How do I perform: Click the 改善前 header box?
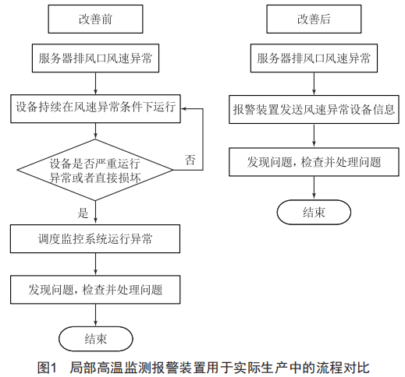click(95, 19)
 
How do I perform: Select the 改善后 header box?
click(314, 19)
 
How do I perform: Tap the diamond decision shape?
click(95, 170)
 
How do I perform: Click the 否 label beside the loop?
click(190, 160)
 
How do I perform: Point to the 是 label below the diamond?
click(83, 213)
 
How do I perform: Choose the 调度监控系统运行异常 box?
click(95, 238)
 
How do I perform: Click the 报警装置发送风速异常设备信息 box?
click(314, 109)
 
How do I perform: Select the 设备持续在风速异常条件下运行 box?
click(95, 108)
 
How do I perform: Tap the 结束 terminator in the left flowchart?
click(96, 339)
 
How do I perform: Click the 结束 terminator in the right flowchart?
click(314, 212)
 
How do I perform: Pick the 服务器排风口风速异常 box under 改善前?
click(95, 58)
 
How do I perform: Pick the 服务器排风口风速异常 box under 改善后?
click(314, 58)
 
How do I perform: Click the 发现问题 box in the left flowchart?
click(95, 290)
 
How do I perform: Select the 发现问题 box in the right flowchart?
click(314, 162)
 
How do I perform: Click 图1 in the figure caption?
click(47, 368)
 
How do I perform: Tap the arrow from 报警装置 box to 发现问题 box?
click(314, 136)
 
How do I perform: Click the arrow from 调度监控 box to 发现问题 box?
click(95, 264)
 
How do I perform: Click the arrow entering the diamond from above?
click(95, 131)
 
